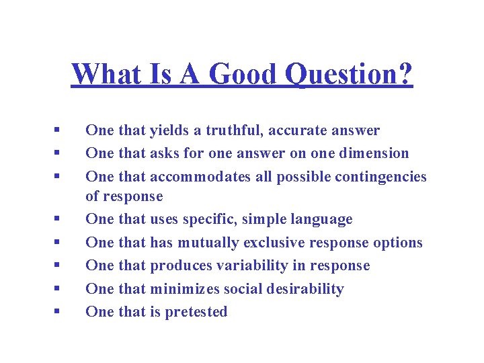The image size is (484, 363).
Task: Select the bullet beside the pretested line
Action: (x=59, y=312)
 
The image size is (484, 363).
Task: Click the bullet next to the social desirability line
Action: (x=59, y=289)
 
